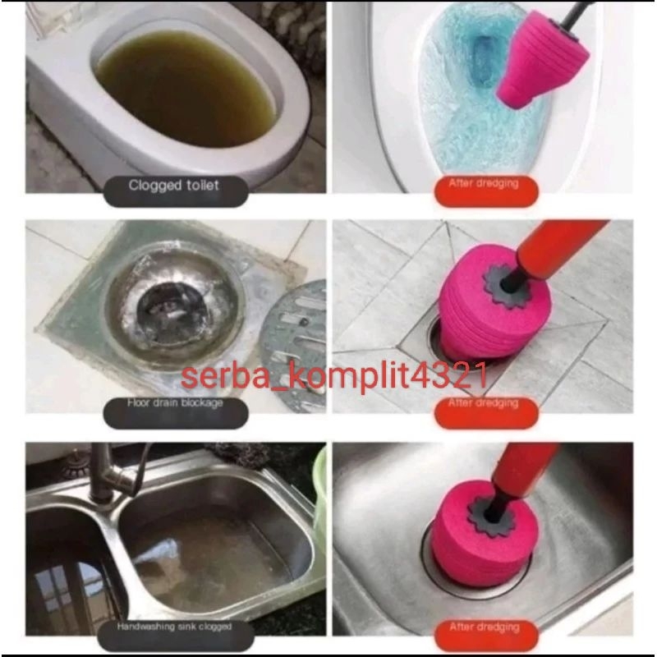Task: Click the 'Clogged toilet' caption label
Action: tap(173, 186)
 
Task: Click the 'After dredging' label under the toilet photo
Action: tap(485, 186)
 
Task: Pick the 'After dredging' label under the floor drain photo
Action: tap(485, 404)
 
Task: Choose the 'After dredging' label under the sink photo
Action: tap(485, 627)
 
